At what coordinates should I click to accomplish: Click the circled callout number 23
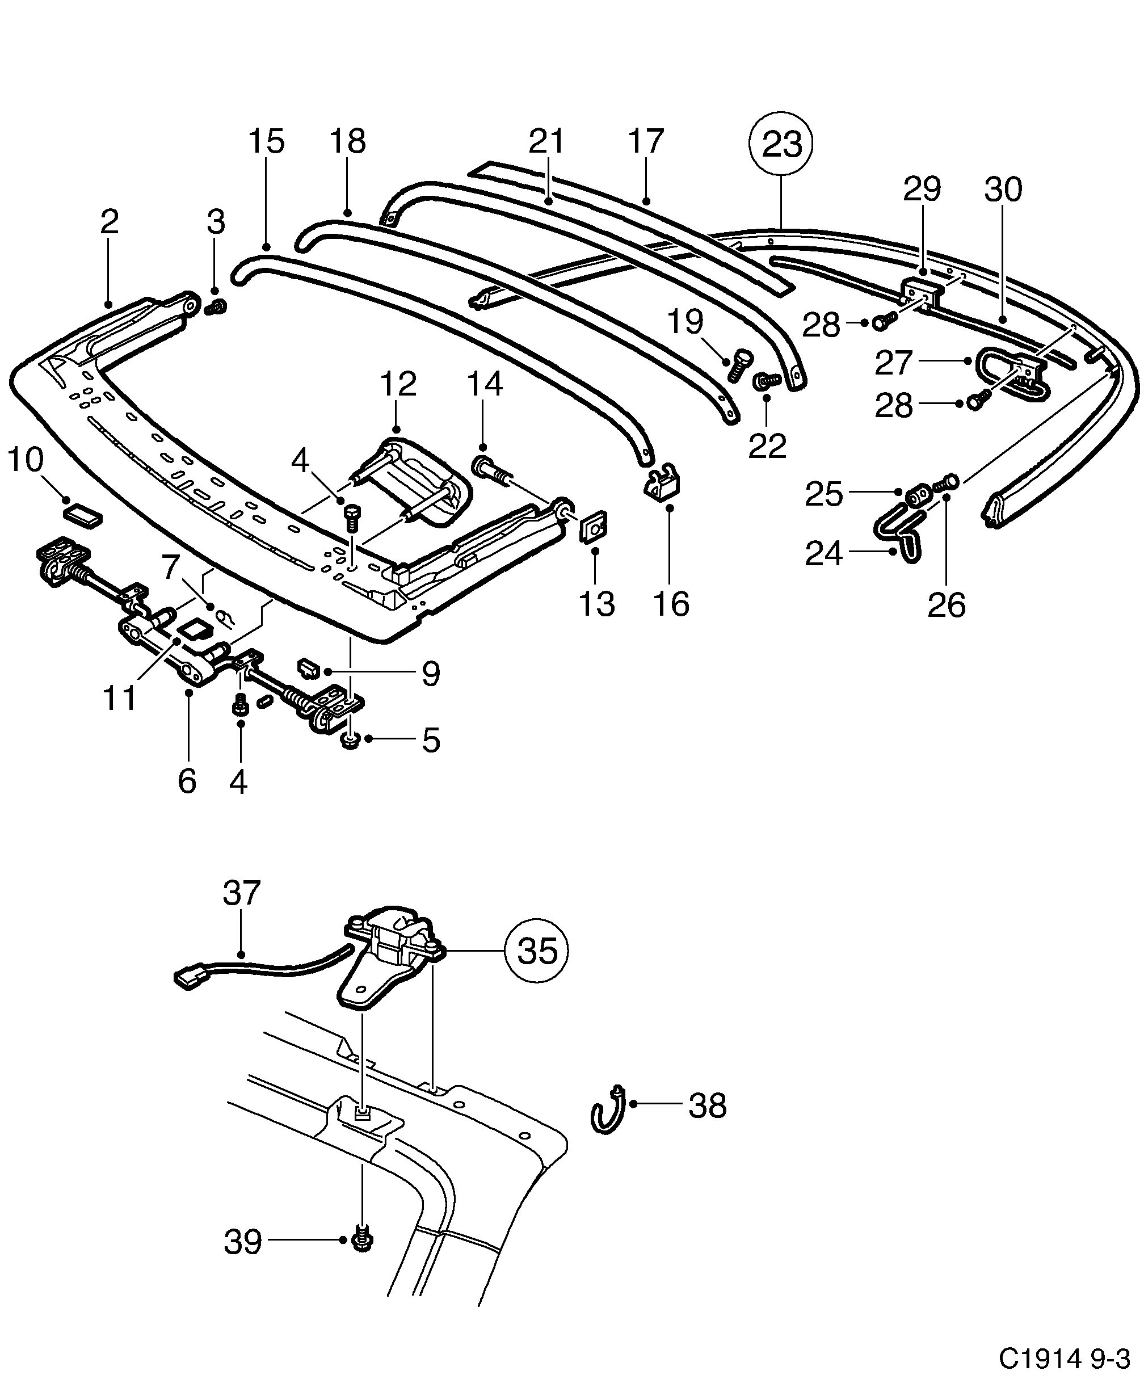(781, 143)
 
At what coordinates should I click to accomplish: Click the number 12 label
(398, 384)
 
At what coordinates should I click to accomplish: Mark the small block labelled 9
(308, 669)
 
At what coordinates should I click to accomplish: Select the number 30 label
(1003, 190)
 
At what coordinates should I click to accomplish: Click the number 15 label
(266, 141)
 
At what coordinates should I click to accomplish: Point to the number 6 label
(187, 780)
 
